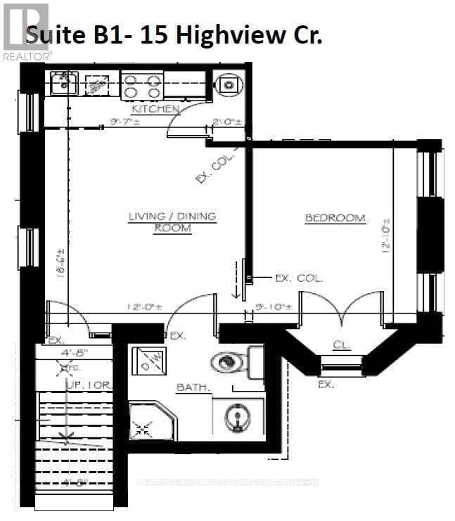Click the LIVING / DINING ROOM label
[172, 222]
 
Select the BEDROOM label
[335, 218]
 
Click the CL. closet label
[342, 345]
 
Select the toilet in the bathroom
[232, 363]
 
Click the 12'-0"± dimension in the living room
[145, 307]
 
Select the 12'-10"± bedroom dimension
[386, 236]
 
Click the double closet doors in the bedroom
[342, 309]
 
